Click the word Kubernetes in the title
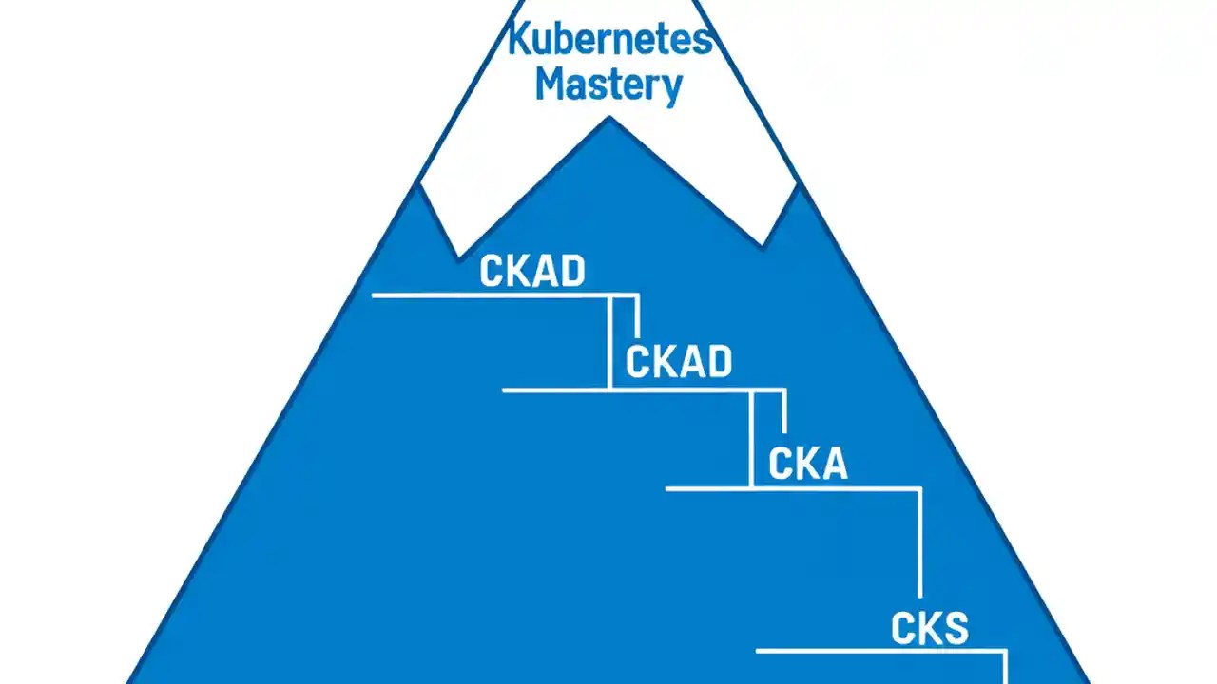pos(609,40)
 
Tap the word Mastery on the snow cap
pos(608,84)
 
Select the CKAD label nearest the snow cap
pos(532,272)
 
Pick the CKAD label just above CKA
pos(679,362)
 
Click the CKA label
pos(807,465)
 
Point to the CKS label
pos(930,629)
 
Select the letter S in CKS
pos(954,629)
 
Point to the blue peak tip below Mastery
pos(609,119)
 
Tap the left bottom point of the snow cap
pos(458,256)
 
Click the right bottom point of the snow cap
pos(763,245)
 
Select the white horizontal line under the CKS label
pos(879,651)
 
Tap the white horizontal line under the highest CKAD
pos(490,295)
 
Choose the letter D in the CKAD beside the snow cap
pos(571,272)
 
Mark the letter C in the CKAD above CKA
pos(638,362)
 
